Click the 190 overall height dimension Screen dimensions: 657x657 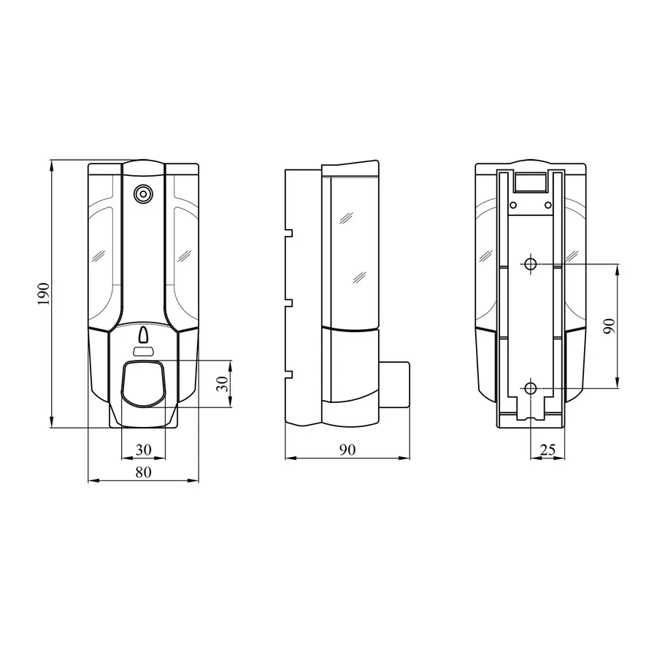point(43,293)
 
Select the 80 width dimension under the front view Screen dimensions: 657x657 point(143,472)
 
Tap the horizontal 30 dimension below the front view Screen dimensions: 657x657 point(143,450)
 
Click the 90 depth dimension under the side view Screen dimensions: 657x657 point(347,450)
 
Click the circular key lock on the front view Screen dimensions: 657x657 point(143,194)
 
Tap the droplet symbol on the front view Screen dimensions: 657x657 point(143,336)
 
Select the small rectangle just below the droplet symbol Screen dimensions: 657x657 point(143,352)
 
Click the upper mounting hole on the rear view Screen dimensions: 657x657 point(531,264)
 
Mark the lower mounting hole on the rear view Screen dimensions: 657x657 point(531,388)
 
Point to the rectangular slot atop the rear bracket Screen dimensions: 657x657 point(531,180)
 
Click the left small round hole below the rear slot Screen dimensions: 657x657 point(514,204)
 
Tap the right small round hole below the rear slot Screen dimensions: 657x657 point(547,204)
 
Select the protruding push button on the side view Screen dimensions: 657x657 point(394,384)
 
